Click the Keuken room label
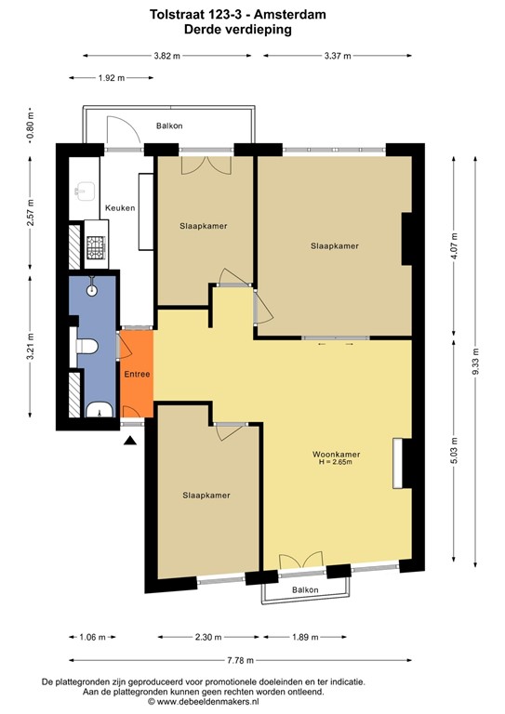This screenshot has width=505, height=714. coord(120,208)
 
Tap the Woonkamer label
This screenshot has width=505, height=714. coord(336,454)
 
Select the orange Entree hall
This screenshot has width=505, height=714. coord(137,374)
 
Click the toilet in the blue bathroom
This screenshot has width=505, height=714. coord(86,347)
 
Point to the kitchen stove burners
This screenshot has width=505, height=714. coord(96,246)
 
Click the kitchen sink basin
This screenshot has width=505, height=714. coord(86,192)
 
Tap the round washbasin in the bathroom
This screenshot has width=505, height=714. coord(92,290)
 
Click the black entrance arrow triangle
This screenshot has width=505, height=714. coord(130,441)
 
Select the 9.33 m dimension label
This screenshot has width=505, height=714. coord(475,362)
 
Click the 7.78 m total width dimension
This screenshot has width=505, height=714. coord(240,660)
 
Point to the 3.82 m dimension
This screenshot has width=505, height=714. coord(166,56)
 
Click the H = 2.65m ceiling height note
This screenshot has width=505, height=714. coord(336,462)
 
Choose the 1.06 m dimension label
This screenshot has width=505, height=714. coord(92,637)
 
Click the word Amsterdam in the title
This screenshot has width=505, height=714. coord(289,15)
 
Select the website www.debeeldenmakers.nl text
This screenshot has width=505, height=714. coord(207,702)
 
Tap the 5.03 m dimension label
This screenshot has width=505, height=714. coord(454,451)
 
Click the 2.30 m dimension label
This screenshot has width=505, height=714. coord(208,637)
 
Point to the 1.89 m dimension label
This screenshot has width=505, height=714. coord(305,637)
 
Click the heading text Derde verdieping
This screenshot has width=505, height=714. coord(238,30)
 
